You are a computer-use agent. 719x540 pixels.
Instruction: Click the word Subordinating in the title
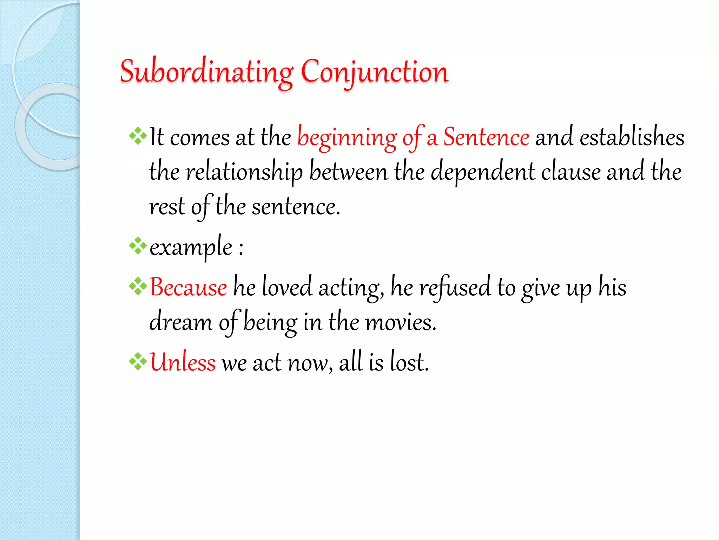coord(206,72)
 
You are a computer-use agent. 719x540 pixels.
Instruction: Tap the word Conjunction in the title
coord(375,72)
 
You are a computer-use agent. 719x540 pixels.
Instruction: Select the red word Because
coord(189,288)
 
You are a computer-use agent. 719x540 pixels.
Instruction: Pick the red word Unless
coord(183,362)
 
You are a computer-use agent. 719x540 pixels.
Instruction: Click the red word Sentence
coord(486,137)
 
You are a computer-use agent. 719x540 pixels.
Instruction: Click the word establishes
coord(632,137)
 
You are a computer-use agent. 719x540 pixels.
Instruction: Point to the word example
coord(191,247)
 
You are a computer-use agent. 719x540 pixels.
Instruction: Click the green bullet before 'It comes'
coord(138,136)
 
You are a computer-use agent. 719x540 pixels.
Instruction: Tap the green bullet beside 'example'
coord(138,246)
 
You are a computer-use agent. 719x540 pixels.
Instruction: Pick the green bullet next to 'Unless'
coord(138,361)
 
